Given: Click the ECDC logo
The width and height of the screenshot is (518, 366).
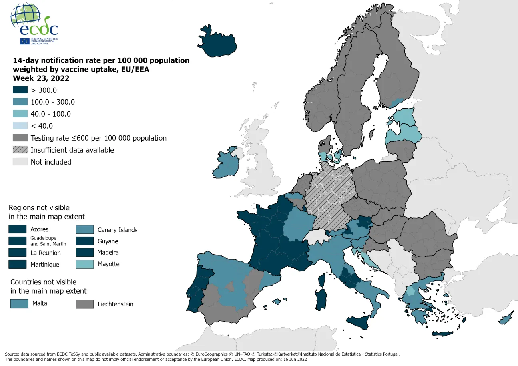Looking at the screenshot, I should tap(34, 24).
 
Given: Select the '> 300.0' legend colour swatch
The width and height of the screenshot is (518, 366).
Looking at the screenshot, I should tap(20, 90).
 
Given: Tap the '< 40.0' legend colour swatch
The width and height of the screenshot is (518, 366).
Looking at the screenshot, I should tap(20, 126).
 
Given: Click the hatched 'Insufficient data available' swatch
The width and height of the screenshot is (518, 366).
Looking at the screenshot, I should tap(20, 150).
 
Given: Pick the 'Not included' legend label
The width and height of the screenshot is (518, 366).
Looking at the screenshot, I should tap(51, 162).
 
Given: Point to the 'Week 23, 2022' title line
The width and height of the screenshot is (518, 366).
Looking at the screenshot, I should tap(41, 78).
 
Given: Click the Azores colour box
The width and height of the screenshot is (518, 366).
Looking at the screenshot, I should tap(18, 229).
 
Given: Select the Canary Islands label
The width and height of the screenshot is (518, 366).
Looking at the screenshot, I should tap(118, 230).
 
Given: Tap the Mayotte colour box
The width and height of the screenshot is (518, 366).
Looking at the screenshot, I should tap(85, 264).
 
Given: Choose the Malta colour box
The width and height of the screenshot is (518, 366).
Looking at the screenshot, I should tap(19, 304).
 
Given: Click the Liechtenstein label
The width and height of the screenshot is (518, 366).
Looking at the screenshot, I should tap(115, 304).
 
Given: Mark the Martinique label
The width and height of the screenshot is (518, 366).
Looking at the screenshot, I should tap(45, 265).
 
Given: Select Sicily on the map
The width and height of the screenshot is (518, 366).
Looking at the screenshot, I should tap(359, 321).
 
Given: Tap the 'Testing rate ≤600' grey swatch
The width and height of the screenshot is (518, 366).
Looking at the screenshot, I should tap(20, 138).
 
